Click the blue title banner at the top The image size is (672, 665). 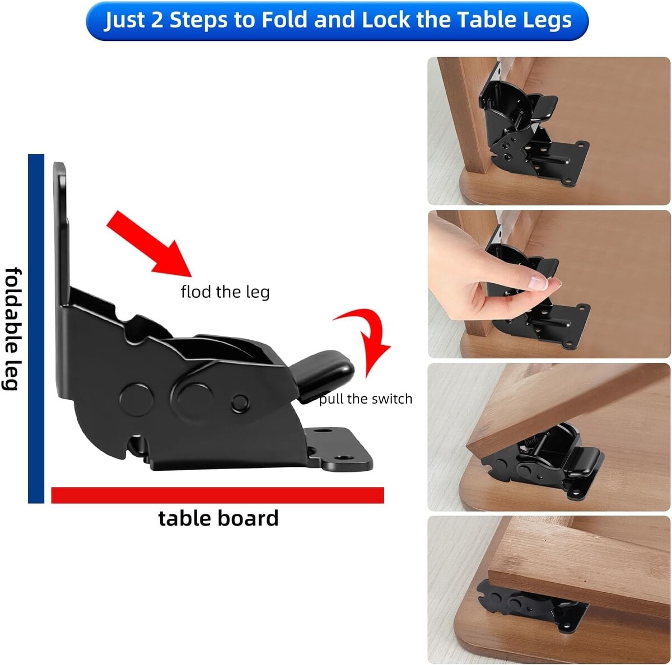click(x=337, y=21)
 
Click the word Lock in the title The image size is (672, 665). click(x=385, y=20)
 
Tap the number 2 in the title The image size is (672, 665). click(x=157, y=20)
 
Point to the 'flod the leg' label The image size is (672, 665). click(x=225, y=292)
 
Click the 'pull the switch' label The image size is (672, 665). click(x=366, y=399)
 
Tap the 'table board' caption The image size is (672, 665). click(x=218, y=518)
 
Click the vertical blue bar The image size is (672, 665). click(x=36, y=329)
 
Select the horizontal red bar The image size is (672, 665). click(x=218, y=495)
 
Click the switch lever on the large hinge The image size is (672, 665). click(x=323, y=376)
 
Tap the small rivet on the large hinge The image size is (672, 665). click(x=240, y=403)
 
